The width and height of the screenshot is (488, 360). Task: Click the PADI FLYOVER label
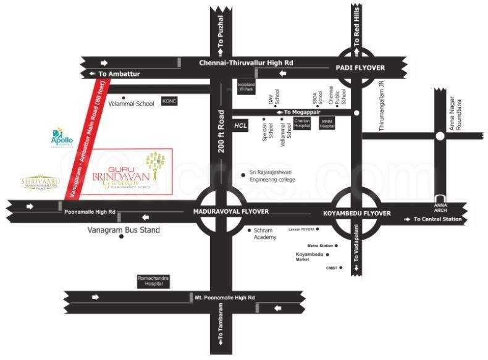360,67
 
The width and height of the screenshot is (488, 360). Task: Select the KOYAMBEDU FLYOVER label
357,213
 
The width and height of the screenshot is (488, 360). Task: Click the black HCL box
241,125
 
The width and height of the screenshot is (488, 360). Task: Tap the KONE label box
169,101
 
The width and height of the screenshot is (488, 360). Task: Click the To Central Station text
437,219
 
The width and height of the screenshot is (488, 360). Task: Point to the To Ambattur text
119,74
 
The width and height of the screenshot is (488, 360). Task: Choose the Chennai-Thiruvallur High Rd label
246,62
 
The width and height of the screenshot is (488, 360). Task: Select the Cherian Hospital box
301,123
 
